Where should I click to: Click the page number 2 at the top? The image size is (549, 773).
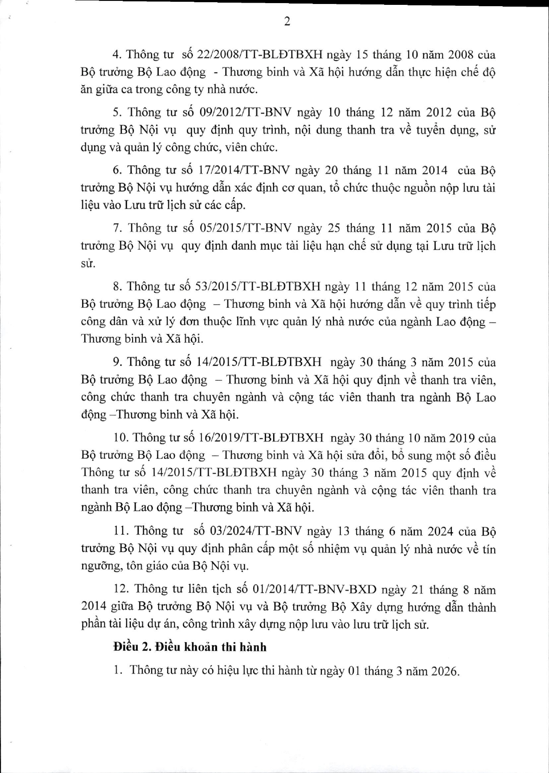tap(287, 22)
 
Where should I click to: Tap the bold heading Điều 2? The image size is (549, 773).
tap(130, 647)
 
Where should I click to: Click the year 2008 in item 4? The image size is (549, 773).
tap(461, 55)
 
